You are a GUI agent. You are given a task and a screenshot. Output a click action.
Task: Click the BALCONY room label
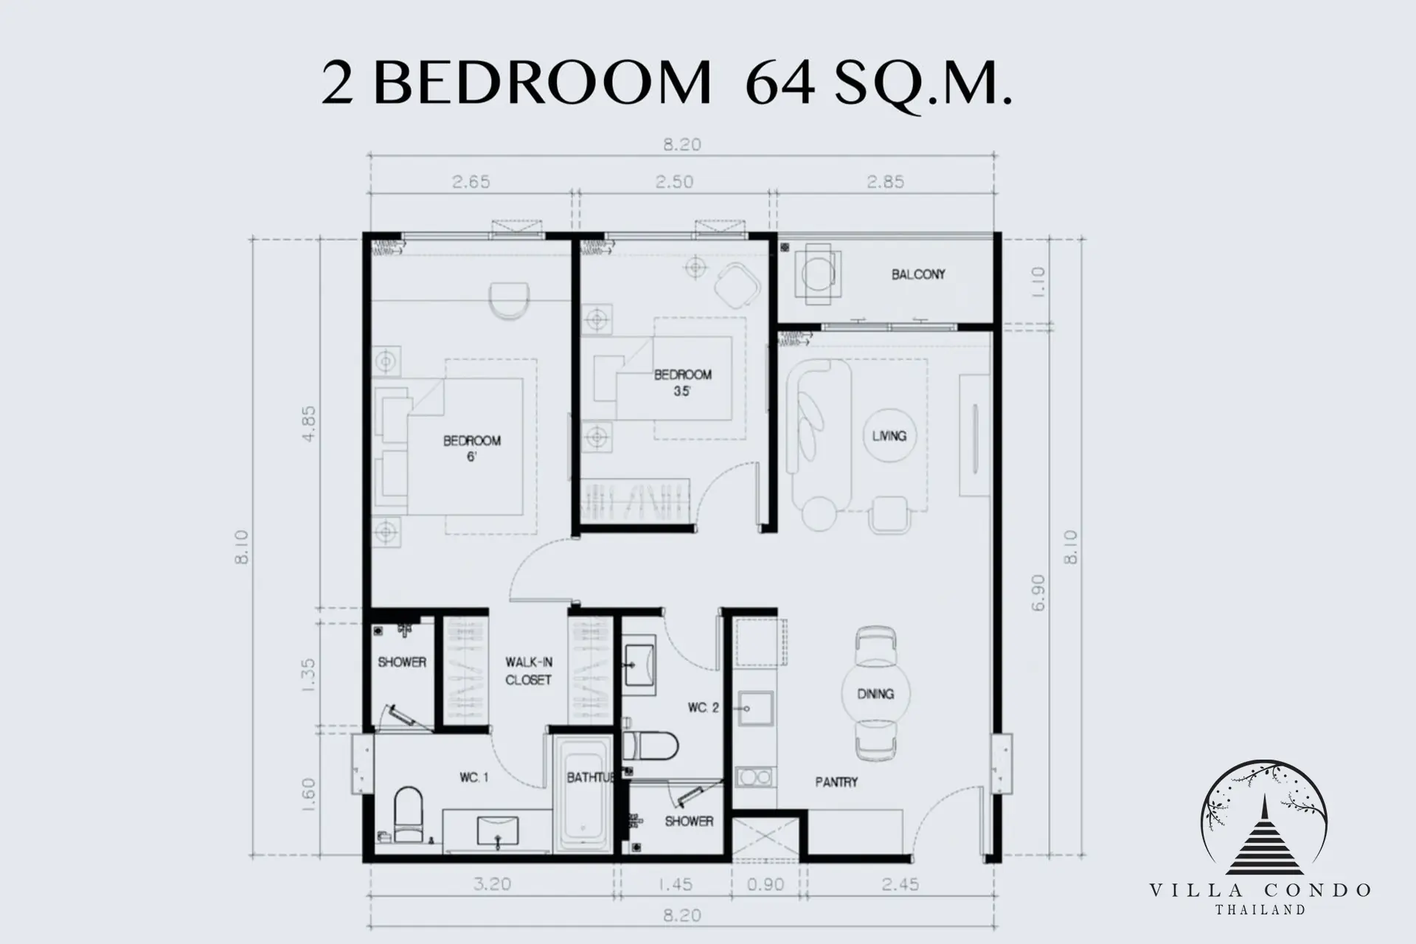point(917,274)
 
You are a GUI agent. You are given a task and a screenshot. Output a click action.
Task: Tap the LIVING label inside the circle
point(889,436)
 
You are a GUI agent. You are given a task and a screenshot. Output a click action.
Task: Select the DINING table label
point(875,694)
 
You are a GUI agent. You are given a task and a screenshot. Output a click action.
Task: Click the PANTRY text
point(836,782)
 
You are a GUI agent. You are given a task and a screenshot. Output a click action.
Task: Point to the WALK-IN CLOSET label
point(529,671)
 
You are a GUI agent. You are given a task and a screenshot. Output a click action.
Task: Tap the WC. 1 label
point(473,777)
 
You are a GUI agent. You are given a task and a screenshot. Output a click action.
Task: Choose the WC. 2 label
point(703,708)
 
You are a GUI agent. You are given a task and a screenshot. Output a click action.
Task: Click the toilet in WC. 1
point(409,814)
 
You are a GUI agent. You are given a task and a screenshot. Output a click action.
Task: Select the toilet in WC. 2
point(650,746)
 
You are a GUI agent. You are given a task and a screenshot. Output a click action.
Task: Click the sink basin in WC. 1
point(497,830)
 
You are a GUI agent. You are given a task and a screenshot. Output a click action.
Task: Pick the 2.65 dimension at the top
point(471,181)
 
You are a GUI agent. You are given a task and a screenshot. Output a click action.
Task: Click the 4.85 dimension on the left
point(309,423)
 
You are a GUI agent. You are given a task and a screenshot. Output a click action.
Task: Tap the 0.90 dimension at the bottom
point(766,884)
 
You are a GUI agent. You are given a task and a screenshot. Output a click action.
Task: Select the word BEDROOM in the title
point(542,83)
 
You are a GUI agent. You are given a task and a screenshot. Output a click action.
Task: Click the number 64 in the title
point(780,83)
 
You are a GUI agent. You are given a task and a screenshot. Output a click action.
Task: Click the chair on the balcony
point(818,274)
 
